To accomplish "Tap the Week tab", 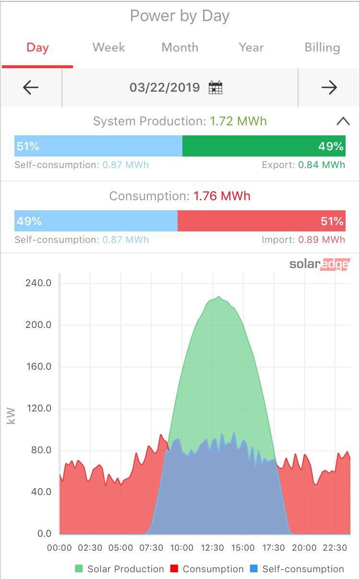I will [108, 48].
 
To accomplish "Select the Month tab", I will [180, 48].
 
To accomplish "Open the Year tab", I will [251, 48].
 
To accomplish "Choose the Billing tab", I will [322, 48].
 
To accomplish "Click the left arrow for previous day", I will [31, 87].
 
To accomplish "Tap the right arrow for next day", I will [329, 87].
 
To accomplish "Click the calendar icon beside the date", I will [216, 87].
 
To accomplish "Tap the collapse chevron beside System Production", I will [343, 121].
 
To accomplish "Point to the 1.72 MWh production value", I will [238, 121].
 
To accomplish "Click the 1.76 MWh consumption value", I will [222, 196].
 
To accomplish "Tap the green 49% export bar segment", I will [264, 146].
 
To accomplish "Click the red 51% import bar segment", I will [261, 221].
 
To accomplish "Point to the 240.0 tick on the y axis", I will [38, 283].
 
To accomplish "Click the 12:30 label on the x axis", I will [212, 548].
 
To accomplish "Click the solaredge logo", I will [319, 264].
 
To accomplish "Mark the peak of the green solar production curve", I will [218, 297].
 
